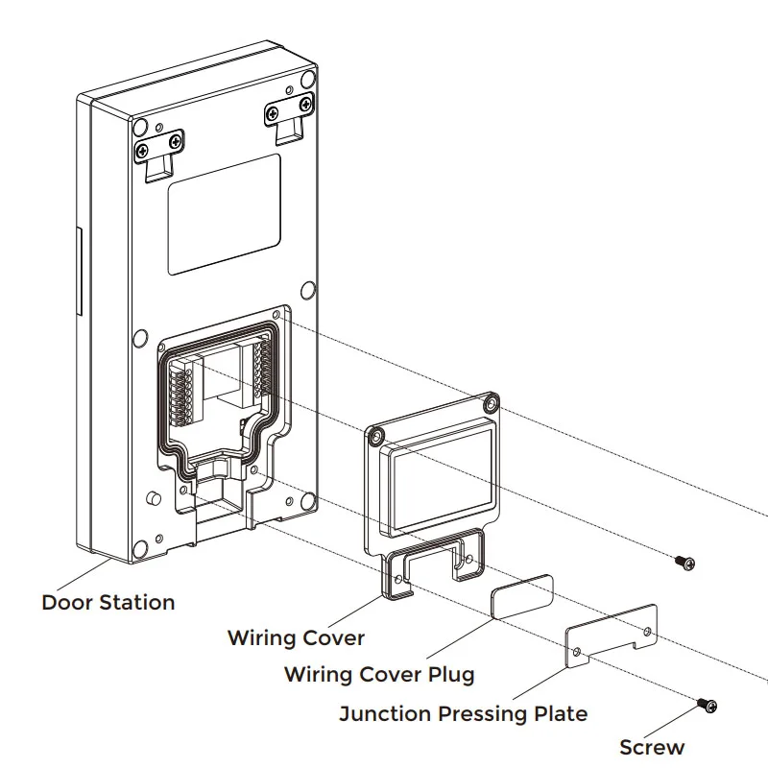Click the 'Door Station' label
[x=108, y=603]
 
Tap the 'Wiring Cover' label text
[x=296, y=637]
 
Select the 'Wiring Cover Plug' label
[x=379, y=675]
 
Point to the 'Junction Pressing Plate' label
[x=463, y=713]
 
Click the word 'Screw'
[x=652, y=748]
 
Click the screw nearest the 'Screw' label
[x=708, y=706]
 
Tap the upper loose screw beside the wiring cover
[x=685, y=563]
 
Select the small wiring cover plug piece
[x=522, y=597]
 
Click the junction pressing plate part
[x=612, y=637]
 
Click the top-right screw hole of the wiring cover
[x=491, y=403]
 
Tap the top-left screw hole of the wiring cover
[x=375, y=435]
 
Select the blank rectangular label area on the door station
[x=225, y=214]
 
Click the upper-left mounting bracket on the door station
[x=159, y=155]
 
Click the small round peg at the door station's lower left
[x=154, y=498]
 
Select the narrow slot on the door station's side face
[x=78, y=271]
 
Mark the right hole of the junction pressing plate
[x=647, y=632]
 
